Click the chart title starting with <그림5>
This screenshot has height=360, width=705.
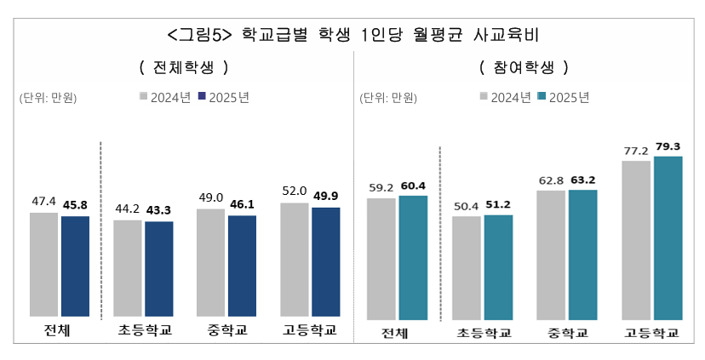[x=353, y=35]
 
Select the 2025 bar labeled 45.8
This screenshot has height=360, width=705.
[x=75, y=266]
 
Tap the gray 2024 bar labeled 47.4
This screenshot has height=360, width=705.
[x=44, y=264]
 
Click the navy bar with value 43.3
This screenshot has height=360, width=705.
[x=159, y=269]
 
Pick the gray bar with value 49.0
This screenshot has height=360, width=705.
[x=211, y=262]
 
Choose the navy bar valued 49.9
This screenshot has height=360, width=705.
[x=325, y=261]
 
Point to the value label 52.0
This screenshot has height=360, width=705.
[x=294, y=192]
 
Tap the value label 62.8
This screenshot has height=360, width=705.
[x=551, y=180]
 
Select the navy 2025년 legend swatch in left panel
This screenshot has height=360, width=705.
[x=202, y=97]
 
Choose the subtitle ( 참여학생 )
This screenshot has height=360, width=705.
[x=523, y=66]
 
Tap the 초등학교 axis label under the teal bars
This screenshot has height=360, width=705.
[x=483, y=333]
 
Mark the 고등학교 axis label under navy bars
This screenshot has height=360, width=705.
[x=310, y=329]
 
